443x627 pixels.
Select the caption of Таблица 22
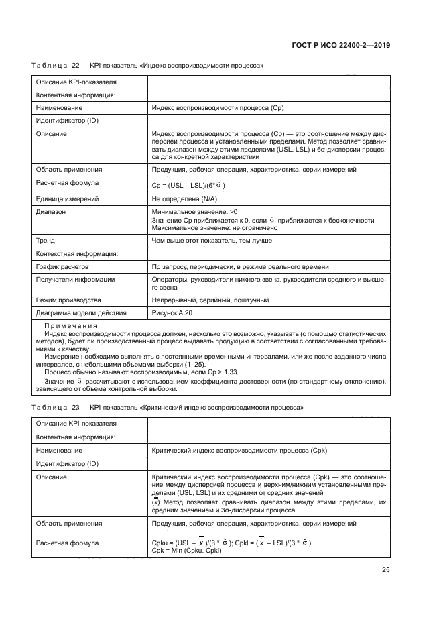click(147, 66)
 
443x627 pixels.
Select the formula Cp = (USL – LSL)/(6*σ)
click(189, 185)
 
